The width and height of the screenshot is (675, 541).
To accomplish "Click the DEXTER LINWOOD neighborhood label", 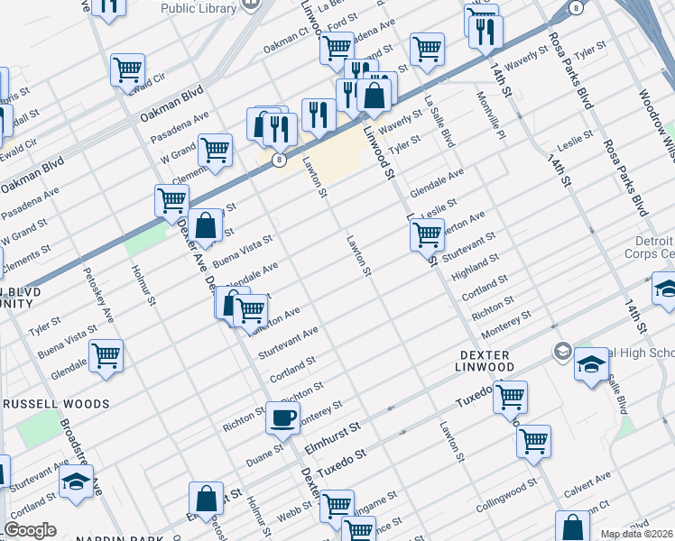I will click(485, 361).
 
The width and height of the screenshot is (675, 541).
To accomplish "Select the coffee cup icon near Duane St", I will click(283, 417).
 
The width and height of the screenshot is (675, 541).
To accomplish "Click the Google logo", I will click(30, 530).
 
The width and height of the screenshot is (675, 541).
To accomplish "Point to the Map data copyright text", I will click(637, 534).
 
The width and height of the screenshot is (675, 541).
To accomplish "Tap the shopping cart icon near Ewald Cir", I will click(127, 69).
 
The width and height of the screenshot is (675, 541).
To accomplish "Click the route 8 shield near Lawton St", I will click(281, 160).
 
